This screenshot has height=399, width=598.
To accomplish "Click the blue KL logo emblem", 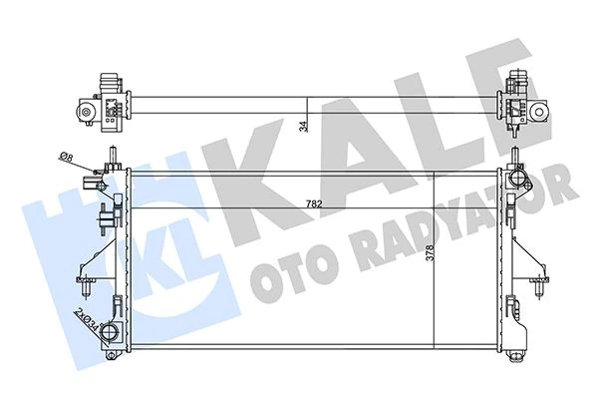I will coord(75,239).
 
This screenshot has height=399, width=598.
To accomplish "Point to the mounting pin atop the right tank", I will coord(515,157).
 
